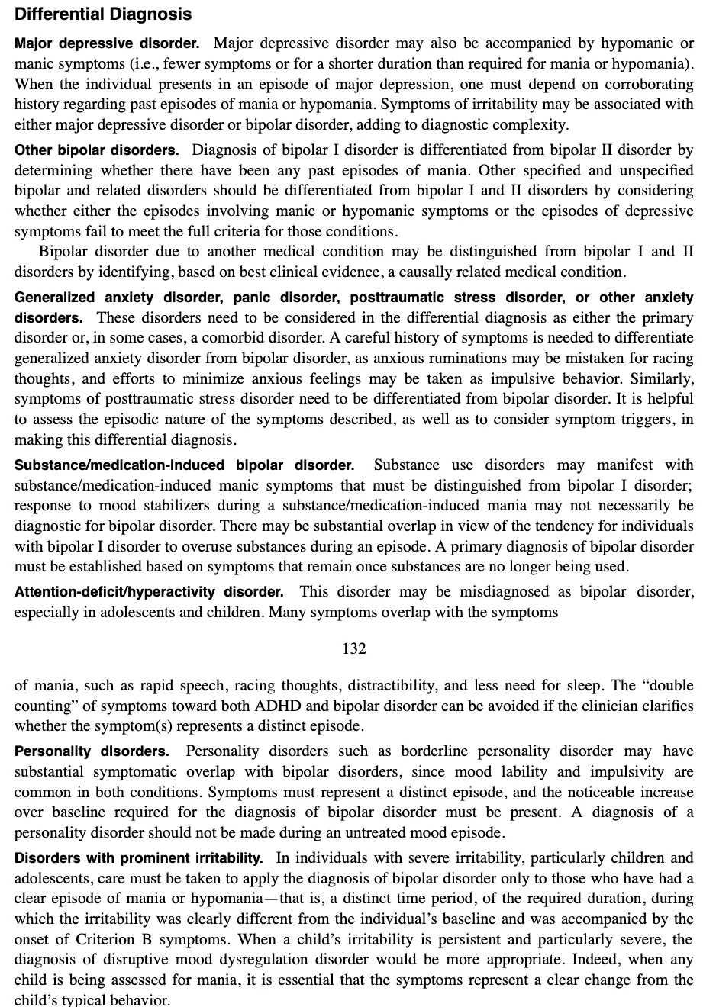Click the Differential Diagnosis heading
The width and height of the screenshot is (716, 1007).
tap(103, 14)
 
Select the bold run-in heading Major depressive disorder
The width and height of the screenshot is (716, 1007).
tap(107, 43)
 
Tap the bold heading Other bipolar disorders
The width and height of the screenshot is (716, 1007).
tap(97, 150)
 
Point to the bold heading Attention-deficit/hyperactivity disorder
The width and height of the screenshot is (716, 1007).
tap(149, 592)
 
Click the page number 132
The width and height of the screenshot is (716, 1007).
tap(354, 648)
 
